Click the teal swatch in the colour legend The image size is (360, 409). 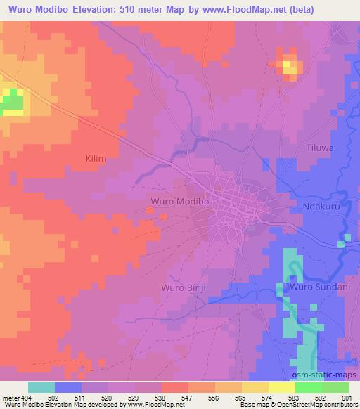41,387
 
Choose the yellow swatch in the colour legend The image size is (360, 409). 282,387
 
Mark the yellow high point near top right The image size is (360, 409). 290,67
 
